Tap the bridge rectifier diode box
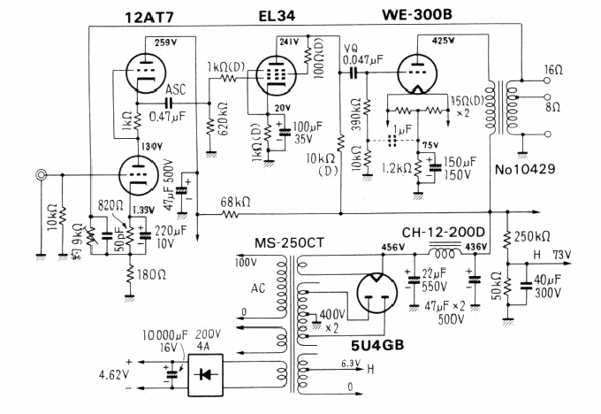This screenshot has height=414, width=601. pyautogui.click(x=209, y=374)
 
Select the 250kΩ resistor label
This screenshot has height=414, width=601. pyautogui.click(x=532, y=237)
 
